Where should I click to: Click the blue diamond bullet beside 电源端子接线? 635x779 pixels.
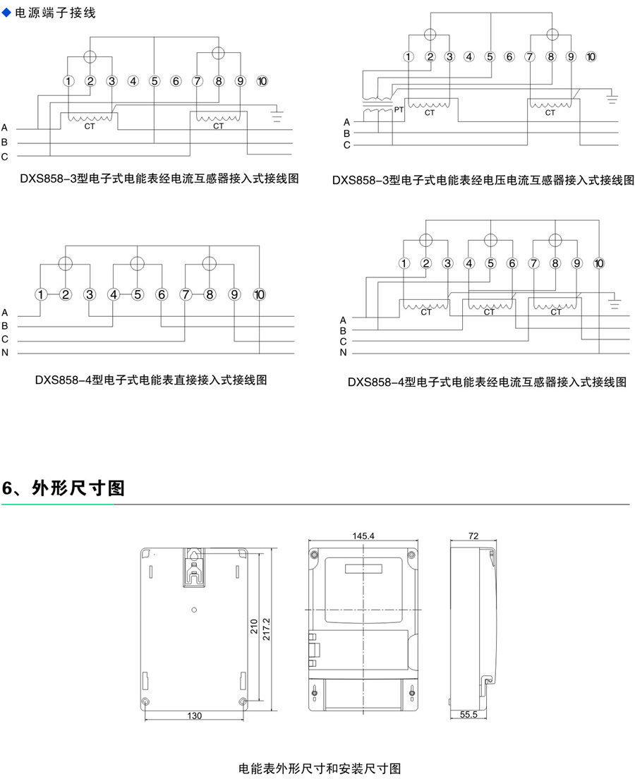point(8,13)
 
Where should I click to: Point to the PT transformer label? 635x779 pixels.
point(399,109)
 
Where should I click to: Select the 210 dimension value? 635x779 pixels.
point(254,627)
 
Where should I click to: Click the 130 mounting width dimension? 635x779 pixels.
point(195,715)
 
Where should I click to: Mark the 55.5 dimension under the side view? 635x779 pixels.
point(468,715)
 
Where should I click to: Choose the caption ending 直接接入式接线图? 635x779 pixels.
point(151,380)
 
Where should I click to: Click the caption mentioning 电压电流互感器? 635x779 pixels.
point(483,181)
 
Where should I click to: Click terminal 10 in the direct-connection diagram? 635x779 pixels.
point(260,294)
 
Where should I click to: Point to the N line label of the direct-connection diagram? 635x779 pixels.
point(5,352)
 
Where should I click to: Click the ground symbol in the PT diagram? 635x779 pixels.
point(612,97)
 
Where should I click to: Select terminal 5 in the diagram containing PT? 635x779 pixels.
point(490,56)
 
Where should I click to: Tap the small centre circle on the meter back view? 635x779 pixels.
point(194,610)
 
